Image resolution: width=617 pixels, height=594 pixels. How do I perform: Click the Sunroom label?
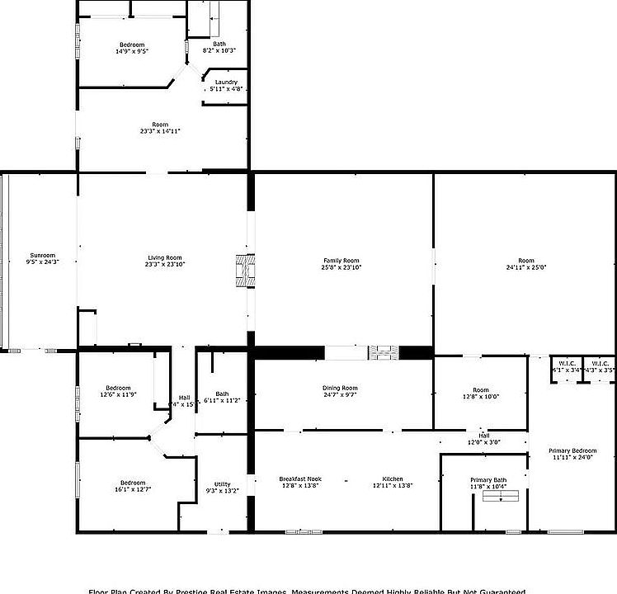pos(43,255)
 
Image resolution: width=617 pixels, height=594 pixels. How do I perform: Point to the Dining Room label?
pos(340,388)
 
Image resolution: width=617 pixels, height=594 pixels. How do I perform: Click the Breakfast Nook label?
pos(300,479)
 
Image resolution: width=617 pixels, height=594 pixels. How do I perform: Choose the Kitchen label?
pos(393,479)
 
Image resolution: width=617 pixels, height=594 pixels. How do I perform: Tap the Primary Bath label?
pos(488,480)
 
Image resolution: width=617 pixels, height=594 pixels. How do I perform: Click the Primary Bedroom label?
pos(572,450)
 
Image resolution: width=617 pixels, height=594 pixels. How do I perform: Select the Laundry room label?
pos(226,82)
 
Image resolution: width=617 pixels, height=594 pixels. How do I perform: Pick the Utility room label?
pos(222,484)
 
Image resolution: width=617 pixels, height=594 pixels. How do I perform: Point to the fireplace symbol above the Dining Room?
pos(383,352)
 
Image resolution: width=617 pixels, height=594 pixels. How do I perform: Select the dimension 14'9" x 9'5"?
pos(132,51)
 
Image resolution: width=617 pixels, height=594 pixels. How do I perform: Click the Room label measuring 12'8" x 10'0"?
pos(480,390)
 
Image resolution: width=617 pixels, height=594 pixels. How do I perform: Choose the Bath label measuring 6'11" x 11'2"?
pos(222,394)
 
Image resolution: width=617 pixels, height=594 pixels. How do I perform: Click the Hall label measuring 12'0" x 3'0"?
pos(484,436)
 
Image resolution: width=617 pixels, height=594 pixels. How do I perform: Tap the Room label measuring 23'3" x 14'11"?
pos(159,125)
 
